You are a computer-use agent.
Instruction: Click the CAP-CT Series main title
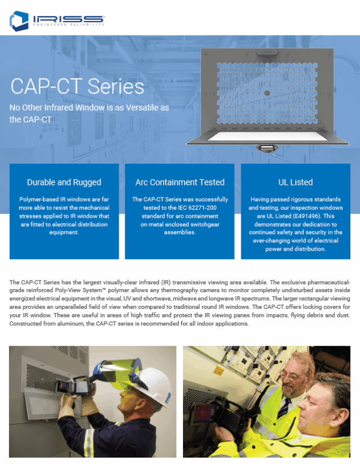pyautogui.click(x=77, y=86)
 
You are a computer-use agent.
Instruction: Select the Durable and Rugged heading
pyautogui.click(x=64, y=182)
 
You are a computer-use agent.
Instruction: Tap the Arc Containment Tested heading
pyautogui.click(x=179, y=182)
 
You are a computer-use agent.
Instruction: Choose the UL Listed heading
pyautogui.click(x=295, y=182)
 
